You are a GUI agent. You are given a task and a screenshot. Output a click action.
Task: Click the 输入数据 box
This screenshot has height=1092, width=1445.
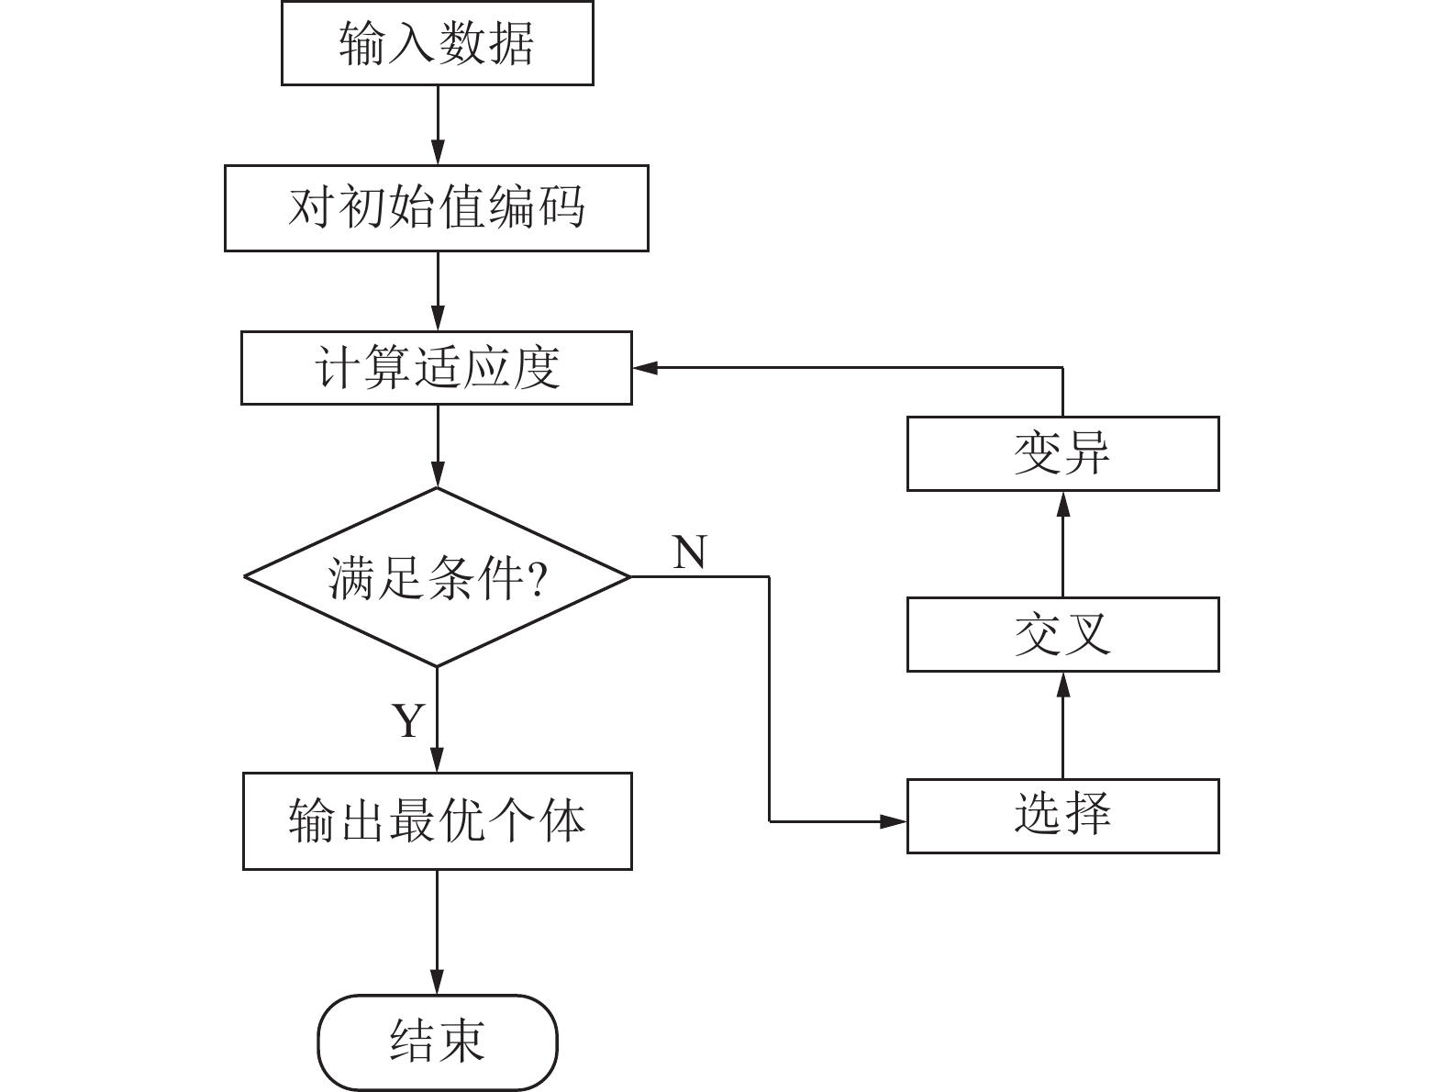437,43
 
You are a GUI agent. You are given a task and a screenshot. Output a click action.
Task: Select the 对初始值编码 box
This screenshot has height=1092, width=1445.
437,207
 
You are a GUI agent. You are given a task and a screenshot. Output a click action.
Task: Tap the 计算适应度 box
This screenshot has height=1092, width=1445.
437,368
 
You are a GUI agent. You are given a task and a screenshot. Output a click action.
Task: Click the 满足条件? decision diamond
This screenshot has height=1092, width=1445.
437,577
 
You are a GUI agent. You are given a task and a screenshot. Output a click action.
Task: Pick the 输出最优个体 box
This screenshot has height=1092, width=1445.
437,820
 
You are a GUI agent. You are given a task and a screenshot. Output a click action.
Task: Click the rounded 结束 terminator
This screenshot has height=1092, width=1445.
437,1042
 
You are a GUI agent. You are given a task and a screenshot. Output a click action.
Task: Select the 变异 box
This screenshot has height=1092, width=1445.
1062,453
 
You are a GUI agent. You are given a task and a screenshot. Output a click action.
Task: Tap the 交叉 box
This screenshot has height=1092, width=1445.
1062,634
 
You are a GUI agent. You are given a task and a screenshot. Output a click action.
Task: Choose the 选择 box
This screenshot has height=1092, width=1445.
1062,816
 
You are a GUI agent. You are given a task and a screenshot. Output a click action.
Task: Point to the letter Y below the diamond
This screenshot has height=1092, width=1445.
408,721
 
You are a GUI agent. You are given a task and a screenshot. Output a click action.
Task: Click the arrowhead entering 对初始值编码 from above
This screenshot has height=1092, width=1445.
438,153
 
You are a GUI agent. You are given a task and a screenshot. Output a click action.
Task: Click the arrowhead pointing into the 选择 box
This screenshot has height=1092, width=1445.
894,821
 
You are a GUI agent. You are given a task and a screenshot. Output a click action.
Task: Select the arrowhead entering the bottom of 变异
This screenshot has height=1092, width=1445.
1062,503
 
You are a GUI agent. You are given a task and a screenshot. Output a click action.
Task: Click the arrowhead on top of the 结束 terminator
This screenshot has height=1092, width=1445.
438,983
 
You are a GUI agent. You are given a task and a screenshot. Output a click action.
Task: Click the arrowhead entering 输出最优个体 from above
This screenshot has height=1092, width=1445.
438,760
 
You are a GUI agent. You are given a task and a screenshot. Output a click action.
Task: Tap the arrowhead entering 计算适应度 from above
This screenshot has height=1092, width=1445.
438,319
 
